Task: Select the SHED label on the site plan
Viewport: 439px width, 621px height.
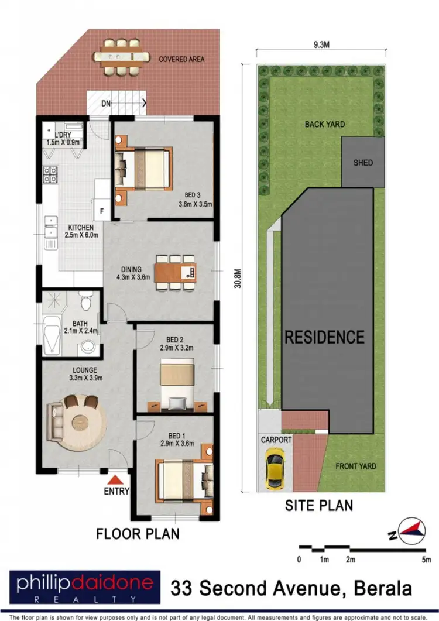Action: click(x=362, y=162)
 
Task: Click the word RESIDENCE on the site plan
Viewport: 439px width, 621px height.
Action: click(x=324, y=337)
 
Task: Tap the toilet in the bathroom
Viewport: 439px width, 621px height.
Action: click(x=87, y=303)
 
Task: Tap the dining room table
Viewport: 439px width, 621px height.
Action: click(x=176, y=272)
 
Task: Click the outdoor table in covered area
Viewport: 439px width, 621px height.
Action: click(x=122, y=57)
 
